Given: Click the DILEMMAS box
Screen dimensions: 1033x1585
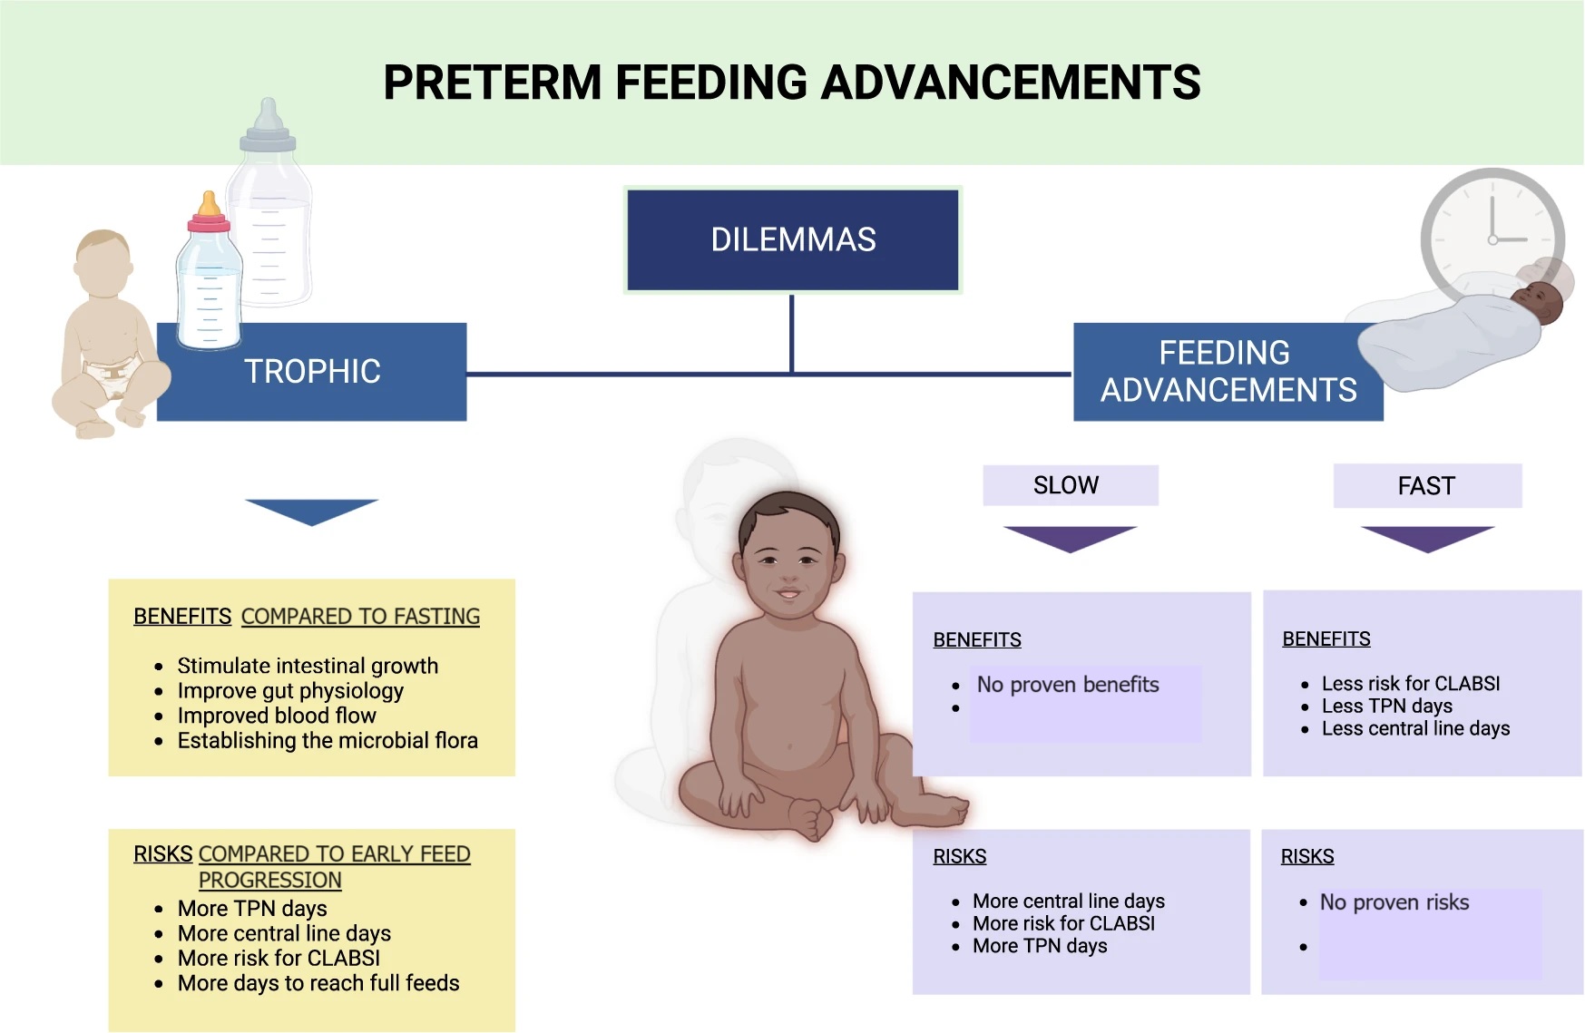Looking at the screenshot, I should pyautogui.click(x=793, y=239).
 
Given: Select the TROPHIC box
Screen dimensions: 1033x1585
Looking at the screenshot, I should pyautogui.click(x=312, y=372).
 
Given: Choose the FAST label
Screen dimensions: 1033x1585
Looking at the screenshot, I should pyautogui.click(x=1426, y=486).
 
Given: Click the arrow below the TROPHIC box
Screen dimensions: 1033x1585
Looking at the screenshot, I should pyautogui.click(x=311, y=512).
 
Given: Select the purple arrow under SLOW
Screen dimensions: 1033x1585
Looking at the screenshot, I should pyautogui.click(x=1070, y=539).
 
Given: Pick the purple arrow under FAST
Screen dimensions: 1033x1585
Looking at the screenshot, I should pyautogui.click(x=1427, y=539).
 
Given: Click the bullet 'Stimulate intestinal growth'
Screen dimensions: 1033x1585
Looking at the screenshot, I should pyautogui.click(x=308, y=666).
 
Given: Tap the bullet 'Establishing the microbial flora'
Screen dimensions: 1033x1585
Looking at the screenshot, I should pyautogui.click(x=328, y=740).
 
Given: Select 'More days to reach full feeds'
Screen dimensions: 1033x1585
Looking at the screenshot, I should pyautogui.click(x=318, y=983).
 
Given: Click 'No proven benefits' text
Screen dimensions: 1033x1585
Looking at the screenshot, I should pyautogui.click(x=1068, y=685).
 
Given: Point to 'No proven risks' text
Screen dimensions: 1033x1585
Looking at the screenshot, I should pyautogui.click(x=1394, y=902).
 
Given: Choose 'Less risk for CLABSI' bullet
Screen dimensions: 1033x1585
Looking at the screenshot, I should pyautogui.click(x=1411, y=684).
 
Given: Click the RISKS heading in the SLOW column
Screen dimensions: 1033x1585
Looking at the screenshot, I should pyautogui.click(x=960, y=856).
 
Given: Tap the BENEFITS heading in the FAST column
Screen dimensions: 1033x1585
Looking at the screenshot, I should pyautogui.click(x=1326, y=638).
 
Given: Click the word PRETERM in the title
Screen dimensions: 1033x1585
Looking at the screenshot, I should pyautogui.click(x=493, y=83).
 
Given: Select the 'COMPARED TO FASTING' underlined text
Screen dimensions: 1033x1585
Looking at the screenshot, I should pyautogui.click(x=360, y=617).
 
